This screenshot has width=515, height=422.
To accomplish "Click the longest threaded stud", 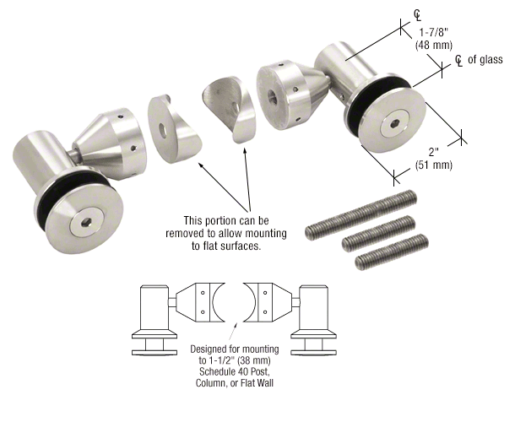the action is click(360, 214).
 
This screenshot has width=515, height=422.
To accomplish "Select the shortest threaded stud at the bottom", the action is click(392, 252).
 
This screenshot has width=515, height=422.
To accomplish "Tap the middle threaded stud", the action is click(378, 234).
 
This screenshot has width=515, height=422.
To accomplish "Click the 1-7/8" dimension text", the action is click(434, 33).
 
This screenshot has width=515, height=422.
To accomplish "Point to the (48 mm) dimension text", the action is click(434, 45).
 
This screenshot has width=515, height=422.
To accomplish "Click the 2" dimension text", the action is click(434, 152).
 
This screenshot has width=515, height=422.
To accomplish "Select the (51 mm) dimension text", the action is click(434, 165).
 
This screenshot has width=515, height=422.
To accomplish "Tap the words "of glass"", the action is click(485, 59).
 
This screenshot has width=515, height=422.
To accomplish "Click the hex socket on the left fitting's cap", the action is click(87, 224).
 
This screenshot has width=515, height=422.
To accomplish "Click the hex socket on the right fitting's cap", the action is click(394, 124).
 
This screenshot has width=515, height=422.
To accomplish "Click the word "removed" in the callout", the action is click(185, 233).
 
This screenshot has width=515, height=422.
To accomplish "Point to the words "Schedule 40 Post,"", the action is click(234, 371).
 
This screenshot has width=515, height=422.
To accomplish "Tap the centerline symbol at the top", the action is click(417, 15).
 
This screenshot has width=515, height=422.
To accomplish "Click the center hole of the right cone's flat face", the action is click(272, 96).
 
